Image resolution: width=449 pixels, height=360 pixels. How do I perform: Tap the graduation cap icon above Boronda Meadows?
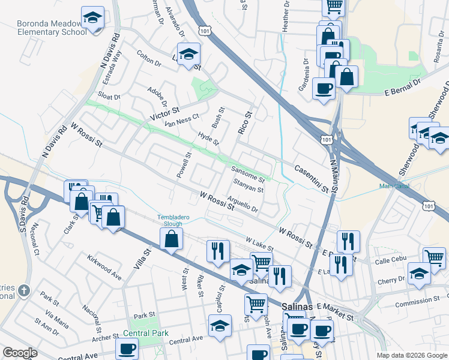click(92, 17)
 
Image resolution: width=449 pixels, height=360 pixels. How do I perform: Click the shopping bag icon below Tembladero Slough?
click(172, 239)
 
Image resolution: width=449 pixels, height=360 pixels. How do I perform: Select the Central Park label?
click(145, 333)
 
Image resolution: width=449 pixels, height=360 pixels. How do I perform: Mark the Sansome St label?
click(248, 175)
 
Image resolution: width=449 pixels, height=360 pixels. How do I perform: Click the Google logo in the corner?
click(20, 352)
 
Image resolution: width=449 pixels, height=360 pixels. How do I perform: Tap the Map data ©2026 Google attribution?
click(411, 355)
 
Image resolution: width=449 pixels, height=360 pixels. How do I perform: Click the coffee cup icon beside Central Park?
click(127, 348)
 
